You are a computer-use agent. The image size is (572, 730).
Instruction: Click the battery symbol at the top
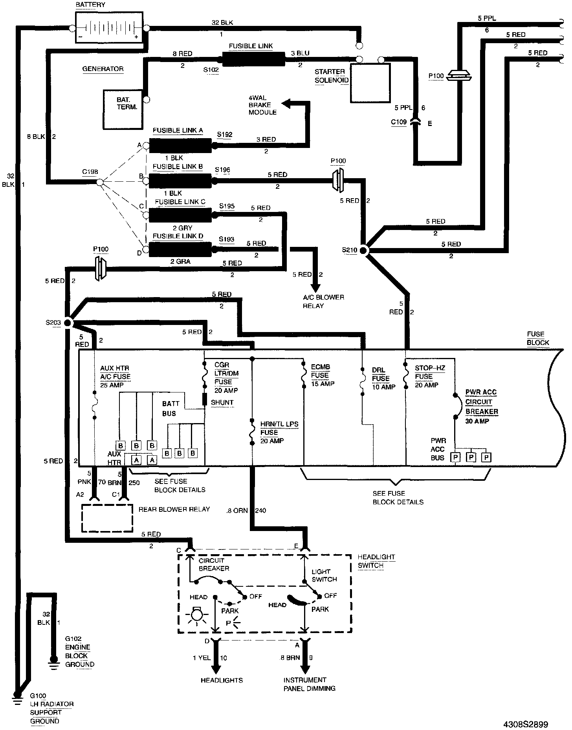[x=109, y=28]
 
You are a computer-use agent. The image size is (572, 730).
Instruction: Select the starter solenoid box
[x=370, y=83]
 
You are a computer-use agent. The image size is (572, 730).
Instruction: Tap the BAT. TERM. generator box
[x=124, y=109]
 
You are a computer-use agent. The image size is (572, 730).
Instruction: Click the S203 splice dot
[x=67, y=323]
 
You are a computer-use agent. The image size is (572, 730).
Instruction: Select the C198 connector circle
[x=99, y=182]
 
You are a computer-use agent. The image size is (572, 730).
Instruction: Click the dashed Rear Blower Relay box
[x=107, y=518]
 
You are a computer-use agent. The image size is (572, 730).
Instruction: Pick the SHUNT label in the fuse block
[x=222, y=402]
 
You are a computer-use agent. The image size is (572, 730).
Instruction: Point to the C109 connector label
[x=398, y=122]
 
